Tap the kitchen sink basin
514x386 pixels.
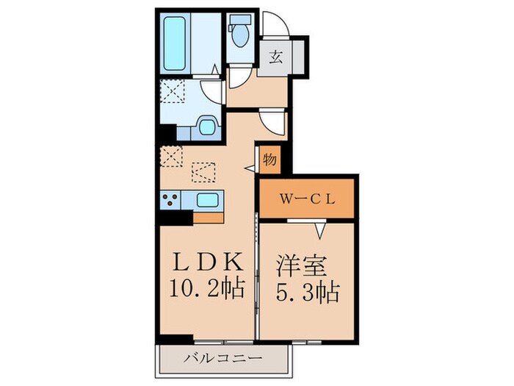point(207,200)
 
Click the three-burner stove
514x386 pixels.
point(171,199)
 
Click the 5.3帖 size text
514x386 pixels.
point(307,292)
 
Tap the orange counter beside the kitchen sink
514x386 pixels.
point(208,218)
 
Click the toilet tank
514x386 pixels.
point(239,20)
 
